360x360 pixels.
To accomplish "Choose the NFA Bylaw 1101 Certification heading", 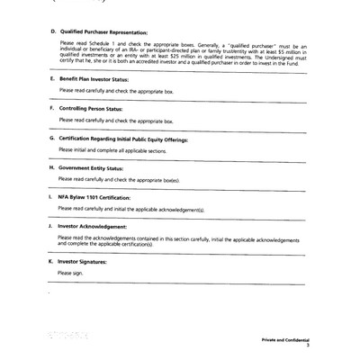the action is point(100,196).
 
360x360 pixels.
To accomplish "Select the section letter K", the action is point(49,261).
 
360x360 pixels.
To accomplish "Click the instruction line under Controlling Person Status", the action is point(112,120).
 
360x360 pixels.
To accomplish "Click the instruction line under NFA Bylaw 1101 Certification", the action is point(132,208).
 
